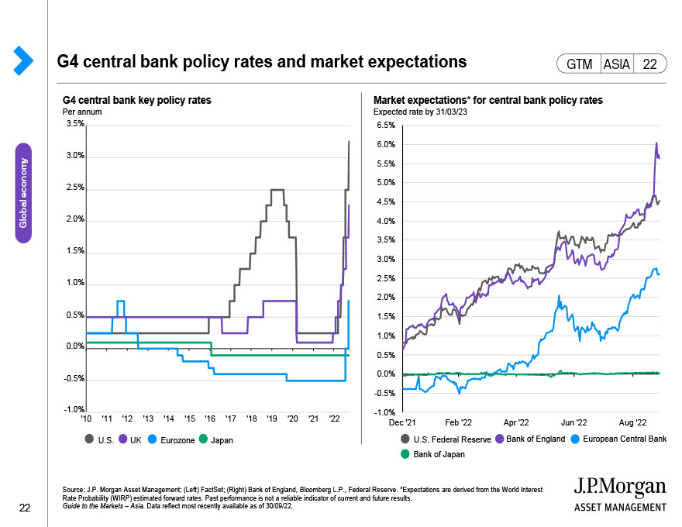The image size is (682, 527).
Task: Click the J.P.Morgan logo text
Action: coord(619,486)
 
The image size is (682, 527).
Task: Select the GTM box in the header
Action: coord(579,64)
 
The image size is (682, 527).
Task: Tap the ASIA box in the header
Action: coord(617,64)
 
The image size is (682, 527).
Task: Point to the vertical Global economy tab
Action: coord(23,192)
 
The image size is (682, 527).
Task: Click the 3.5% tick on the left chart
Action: coord(75,124)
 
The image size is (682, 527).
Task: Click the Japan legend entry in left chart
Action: coord(220,440)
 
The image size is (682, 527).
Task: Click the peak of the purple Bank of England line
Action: coord(656,143)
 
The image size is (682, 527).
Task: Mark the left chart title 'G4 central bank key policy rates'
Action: coord(136,101)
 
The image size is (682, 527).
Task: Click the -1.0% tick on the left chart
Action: coord(74,410)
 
